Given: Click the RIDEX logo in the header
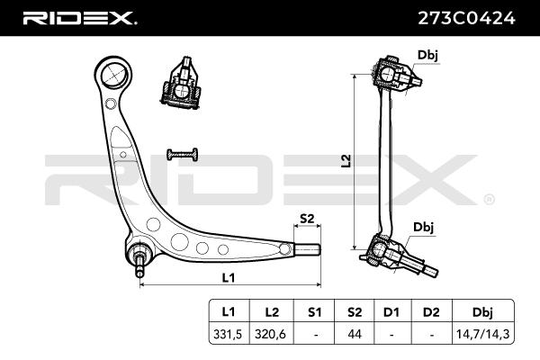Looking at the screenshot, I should pos(79,17).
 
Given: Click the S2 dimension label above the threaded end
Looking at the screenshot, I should pos(306,219).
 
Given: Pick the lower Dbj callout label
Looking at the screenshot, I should pos(423,226).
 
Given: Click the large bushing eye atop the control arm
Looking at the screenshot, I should pos(114,73).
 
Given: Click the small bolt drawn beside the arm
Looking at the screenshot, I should pos(182,154).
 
